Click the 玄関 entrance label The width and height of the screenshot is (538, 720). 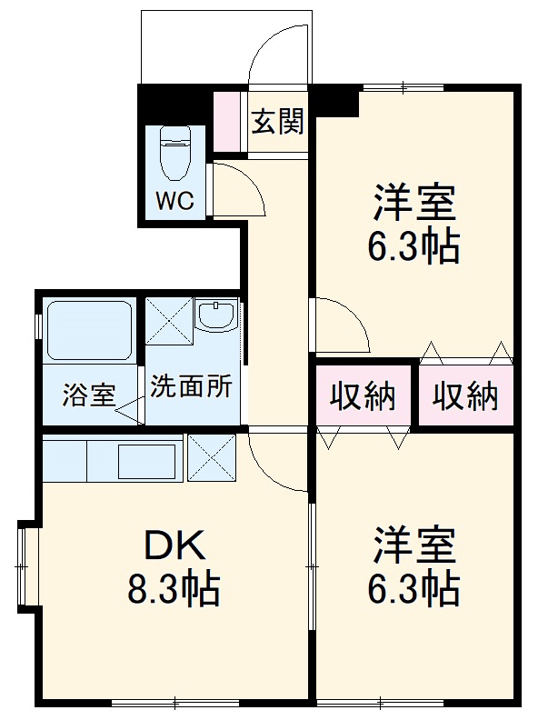pos(277,121)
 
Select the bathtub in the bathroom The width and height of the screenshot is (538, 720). pos(87,329)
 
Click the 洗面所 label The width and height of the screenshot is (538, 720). pos(191,385)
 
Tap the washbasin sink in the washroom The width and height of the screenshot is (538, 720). pos(217,315)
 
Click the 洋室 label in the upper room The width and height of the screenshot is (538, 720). pos(413,202)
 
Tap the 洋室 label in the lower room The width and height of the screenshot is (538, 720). pos(413,545)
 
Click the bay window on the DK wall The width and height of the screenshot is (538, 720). pos(26,566)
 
